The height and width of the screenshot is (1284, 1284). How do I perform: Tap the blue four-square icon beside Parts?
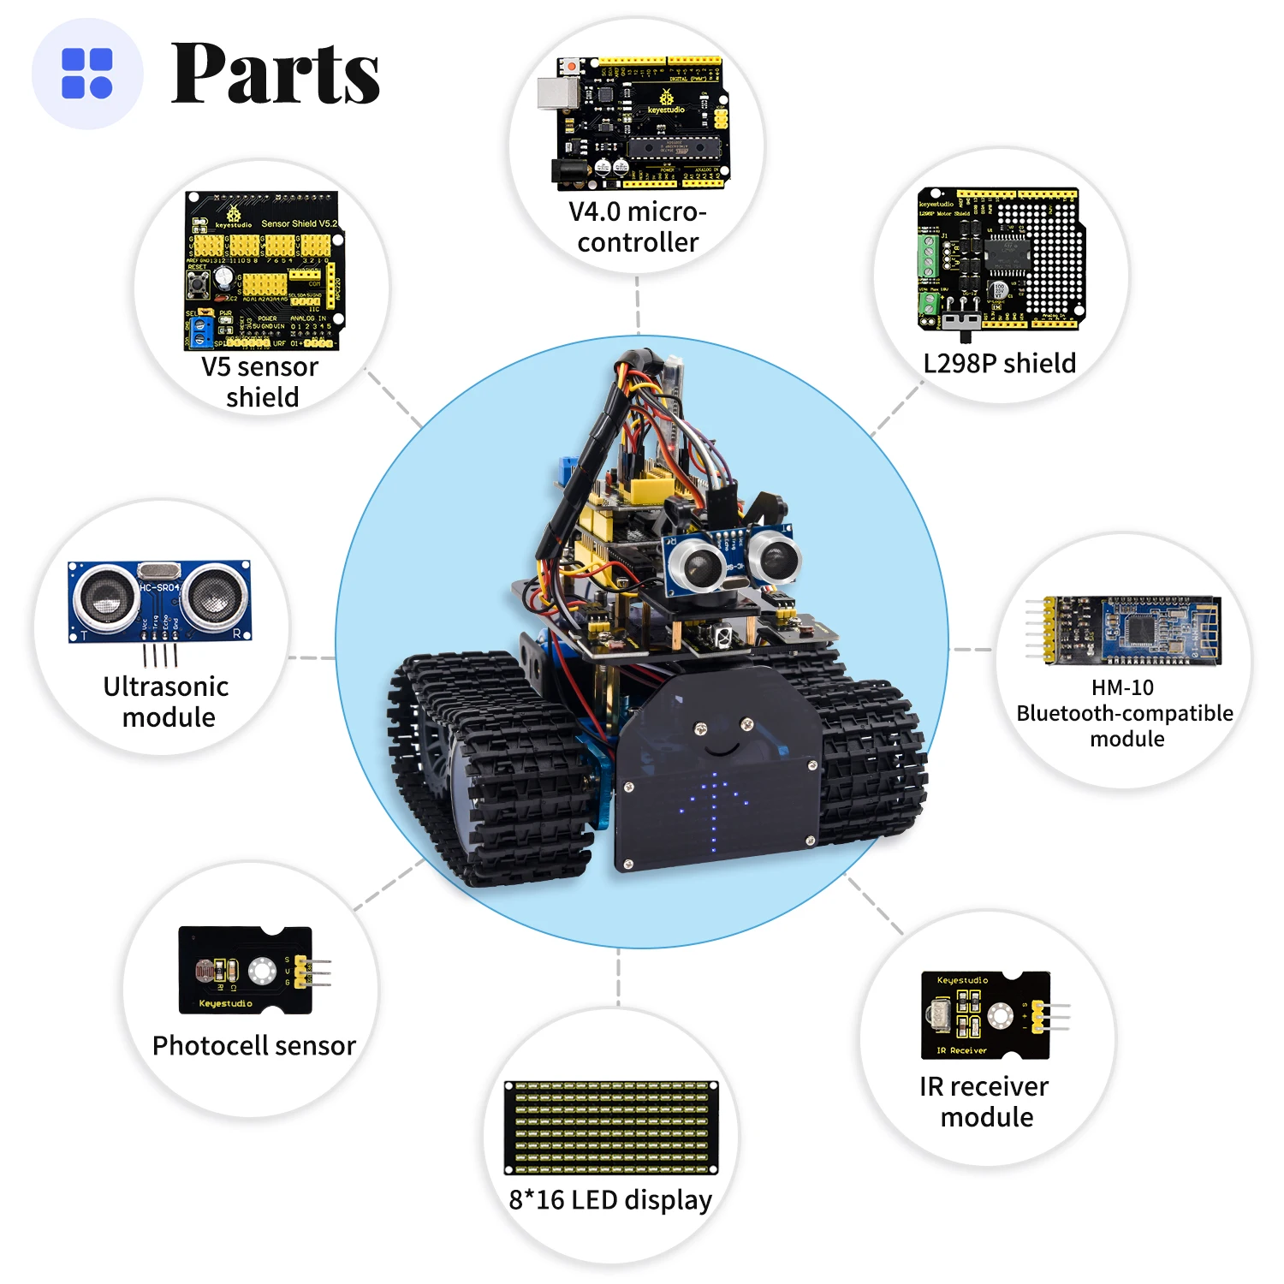(87, 74)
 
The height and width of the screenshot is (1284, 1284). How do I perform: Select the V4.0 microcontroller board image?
(638, 123)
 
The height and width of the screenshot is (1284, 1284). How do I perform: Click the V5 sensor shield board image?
(264, 270)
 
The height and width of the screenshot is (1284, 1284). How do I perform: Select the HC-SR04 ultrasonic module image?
(160, 603)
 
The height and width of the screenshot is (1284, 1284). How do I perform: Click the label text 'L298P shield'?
(999, 364)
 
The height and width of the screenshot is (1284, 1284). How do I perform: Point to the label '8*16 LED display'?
(610, 1200)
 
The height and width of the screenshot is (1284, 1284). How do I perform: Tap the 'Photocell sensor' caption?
(254, 1046)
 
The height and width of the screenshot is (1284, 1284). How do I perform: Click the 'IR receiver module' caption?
(985, 1102)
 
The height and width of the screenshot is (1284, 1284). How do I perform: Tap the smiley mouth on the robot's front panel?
(722, 751)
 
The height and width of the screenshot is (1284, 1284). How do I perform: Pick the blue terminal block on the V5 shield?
(201, 332)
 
